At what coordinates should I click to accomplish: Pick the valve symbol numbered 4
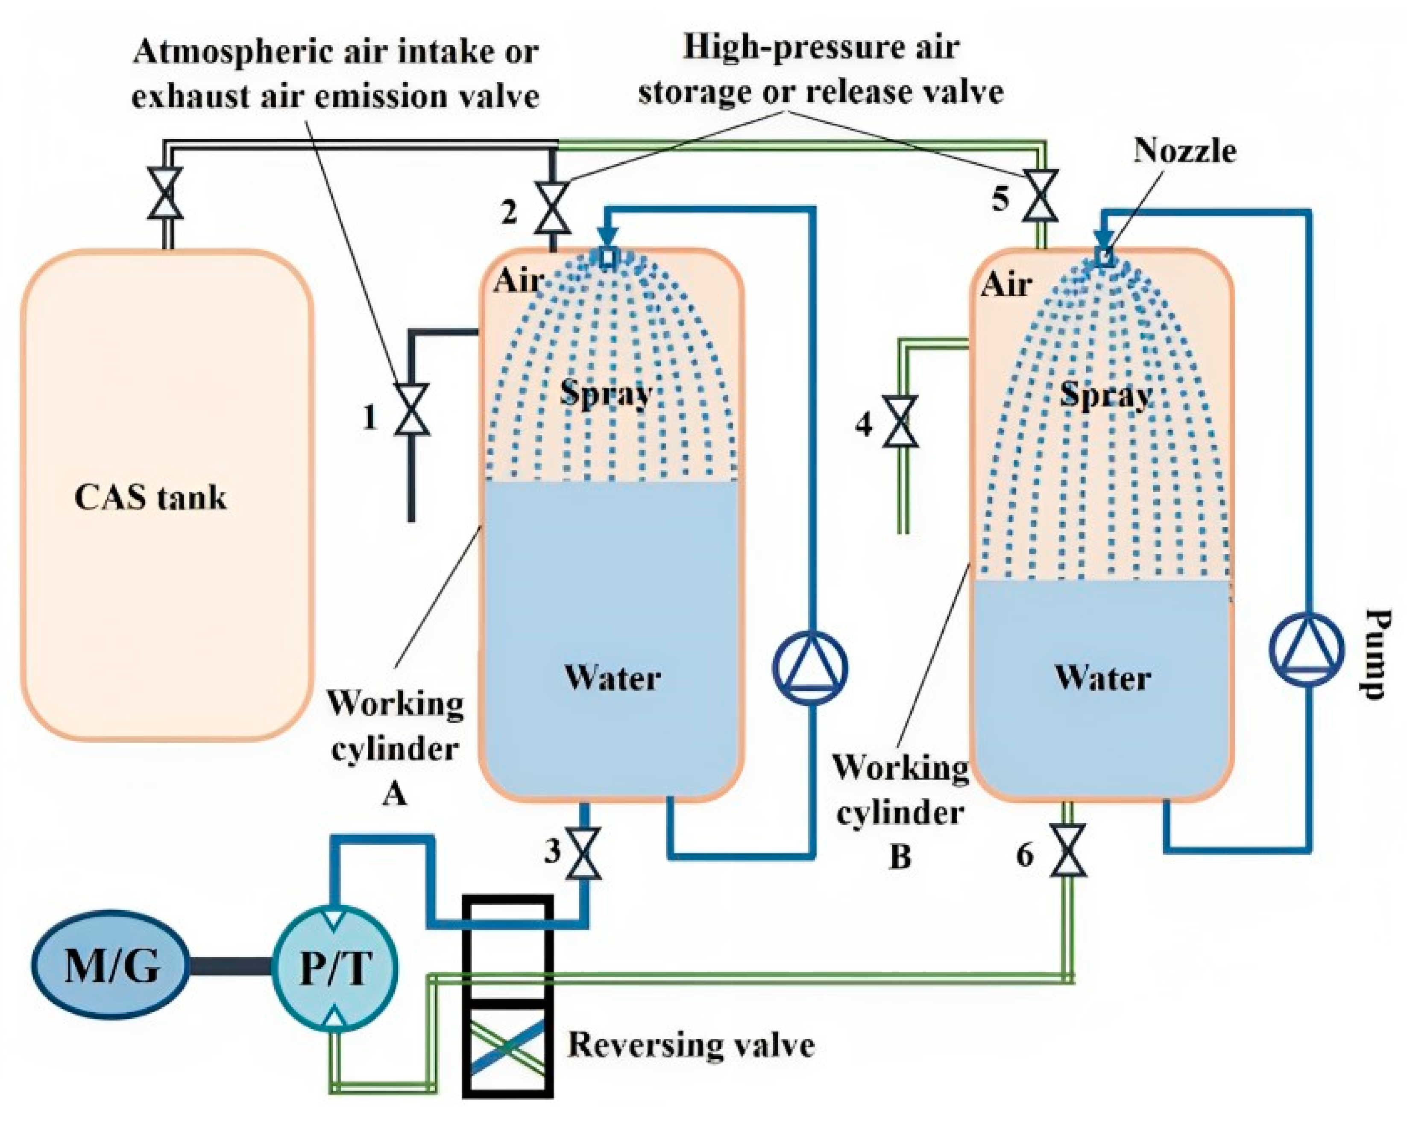click(900, 421)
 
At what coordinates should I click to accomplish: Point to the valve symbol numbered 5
click(1040, 195)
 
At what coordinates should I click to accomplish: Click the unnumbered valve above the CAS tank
click(165, 193)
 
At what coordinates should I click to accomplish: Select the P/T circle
click(335, 969)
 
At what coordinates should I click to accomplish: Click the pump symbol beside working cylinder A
click(810, 668)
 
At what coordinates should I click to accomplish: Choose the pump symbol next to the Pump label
click(1307, 649)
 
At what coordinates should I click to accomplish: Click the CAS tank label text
click(151, 498)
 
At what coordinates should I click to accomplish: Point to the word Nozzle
click(1184, 151)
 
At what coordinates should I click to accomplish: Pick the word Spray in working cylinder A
click(606, 393)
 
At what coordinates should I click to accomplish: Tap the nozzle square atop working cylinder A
click(607, 257)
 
